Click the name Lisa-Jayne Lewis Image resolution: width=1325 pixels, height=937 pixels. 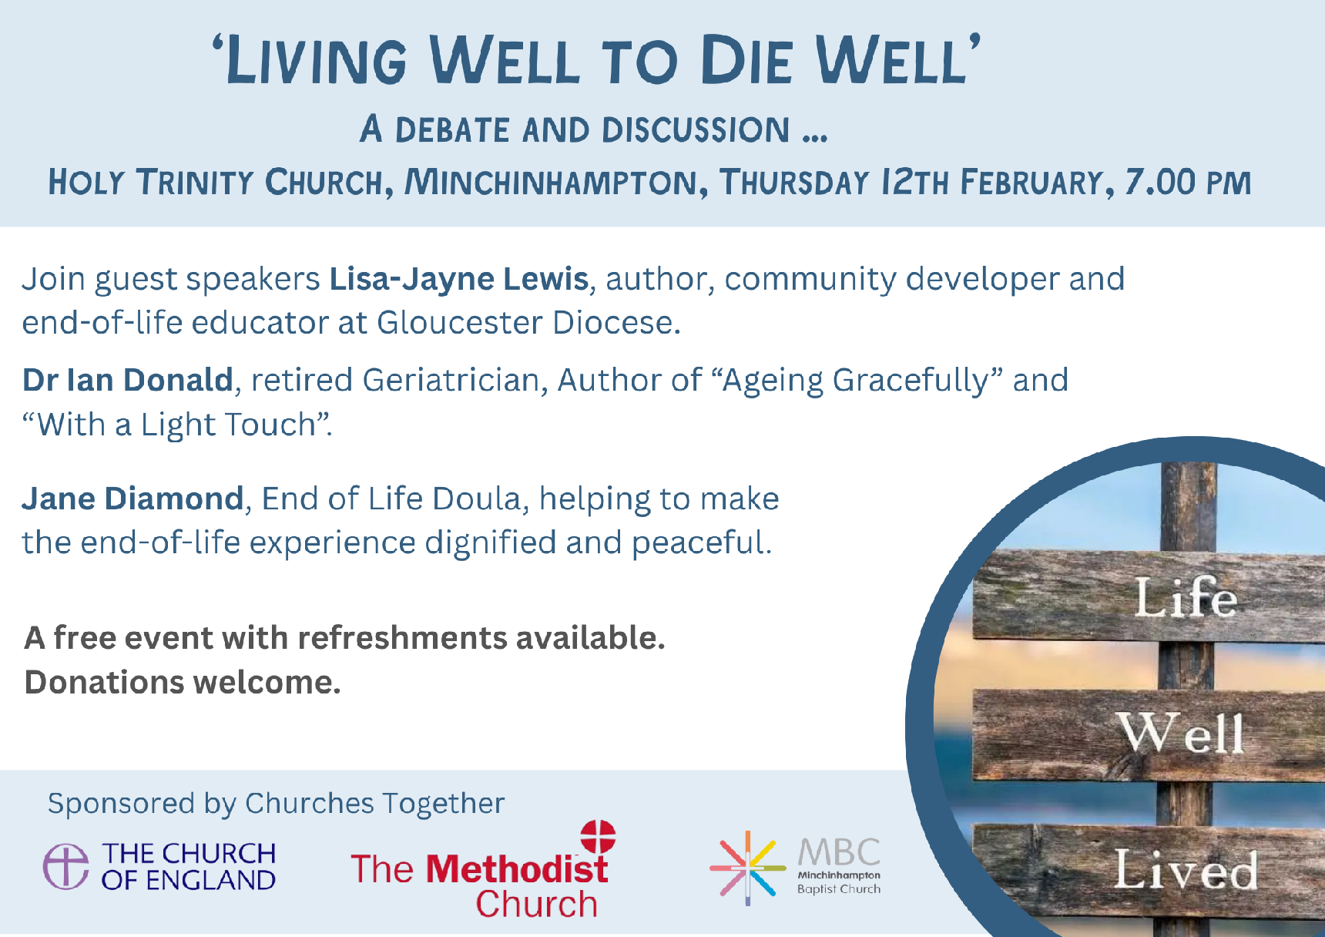[x=459, y=280]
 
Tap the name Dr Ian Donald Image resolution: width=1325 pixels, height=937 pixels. [x=128, y=380]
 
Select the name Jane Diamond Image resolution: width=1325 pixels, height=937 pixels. [x=132, y=499]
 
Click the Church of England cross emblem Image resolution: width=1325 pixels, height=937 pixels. [x=65, y=865]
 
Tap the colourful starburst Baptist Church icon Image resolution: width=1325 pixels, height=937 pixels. [x=746, y=868]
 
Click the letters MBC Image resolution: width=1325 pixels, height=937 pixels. [x=838, y=852]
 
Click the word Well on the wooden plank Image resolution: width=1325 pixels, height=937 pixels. [x=1181, y=733]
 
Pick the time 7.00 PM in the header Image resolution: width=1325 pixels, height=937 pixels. [x=1188, y=183]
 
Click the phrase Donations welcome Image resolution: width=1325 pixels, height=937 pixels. [x=183, y=683]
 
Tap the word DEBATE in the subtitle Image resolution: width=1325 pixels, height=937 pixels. [x=452, y=129]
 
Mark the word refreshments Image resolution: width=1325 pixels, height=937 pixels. [x=402, y=638]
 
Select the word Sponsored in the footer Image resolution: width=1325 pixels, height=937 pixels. [x=121, y=804]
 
